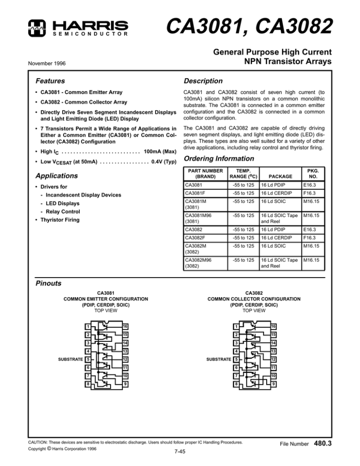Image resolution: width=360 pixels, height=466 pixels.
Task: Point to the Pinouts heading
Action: (x=50, y=283)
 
